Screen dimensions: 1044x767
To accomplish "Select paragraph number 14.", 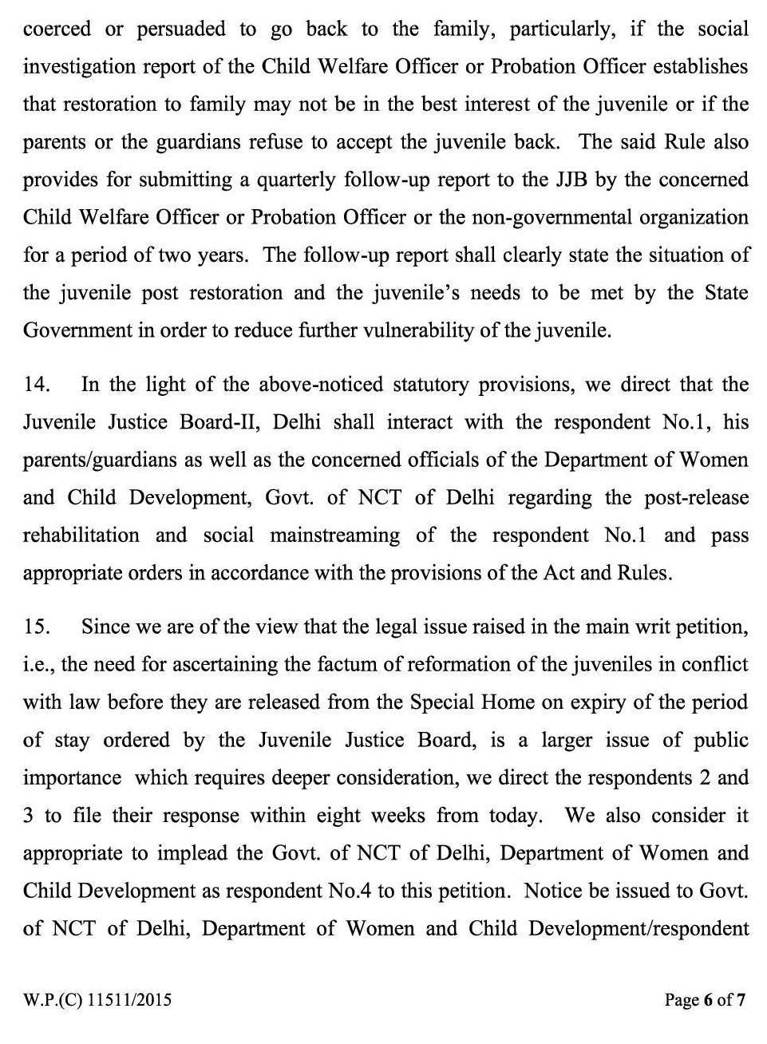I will pos(37,385).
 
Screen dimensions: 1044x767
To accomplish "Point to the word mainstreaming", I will pos(334,535).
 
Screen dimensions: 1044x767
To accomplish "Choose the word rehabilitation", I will pos(81,535).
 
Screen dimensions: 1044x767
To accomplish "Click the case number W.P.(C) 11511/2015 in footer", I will pos(97,999).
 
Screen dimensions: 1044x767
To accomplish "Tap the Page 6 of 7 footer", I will pos(705,999).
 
